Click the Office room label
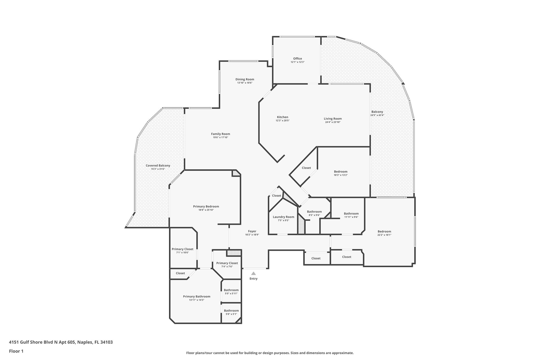tap(297, 59)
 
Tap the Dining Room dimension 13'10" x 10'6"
tap(245, 83)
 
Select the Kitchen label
tap(282, 117)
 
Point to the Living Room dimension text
tap(333, 122)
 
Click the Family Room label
tap(220, 134)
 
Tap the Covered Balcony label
tap(158, 166)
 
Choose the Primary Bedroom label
tap(206, 207)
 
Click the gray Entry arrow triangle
tap(253, 273)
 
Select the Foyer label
tap(252, 231)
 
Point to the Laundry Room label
tap(283, 217)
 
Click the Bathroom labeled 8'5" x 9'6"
tap(314, 212)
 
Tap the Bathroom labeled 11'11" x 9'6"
tap(351, 214)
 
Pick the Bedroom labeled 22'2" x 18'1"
tap(384, 232)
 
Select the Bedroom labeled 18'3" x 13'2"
tap(341, 172)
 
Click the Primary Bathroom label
tap(197, 296)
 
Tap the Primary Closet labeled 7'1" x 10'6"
tap(182, 249)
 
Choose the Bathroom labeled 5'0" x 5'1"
tap(231, 311)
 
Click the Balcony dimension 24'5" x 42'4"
tap(377, 115)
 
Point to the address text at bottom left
tap(61, 342)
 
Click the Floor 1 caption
tap(16, 351)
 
